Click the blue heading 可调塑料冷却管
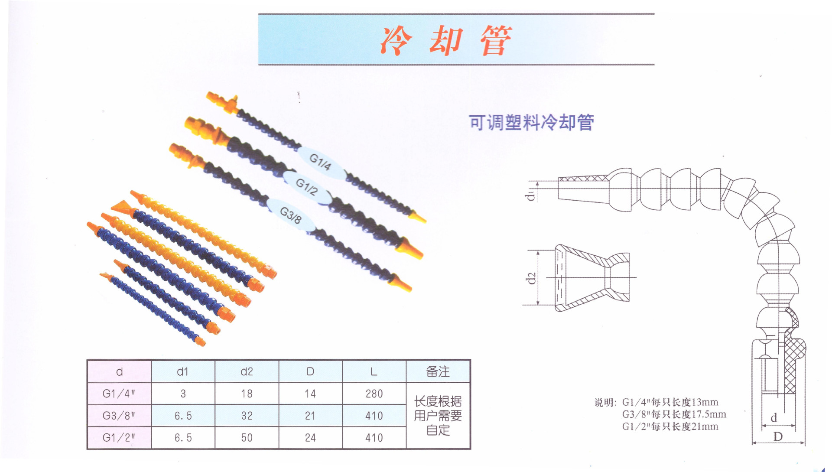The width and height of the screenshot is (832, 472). tap(531, 122)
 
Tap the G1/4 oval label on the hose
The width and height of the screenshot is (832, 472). tap(320, 162)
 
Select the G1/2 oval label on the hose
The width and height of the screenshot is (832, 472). tap(307, 187)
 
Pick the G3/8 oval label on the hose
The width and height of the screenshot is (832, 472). tap(290, 215)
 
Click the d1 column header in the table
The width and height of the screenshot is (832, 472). tap(183, 371)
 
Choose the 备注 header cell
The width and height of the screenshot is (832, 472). tap(438, 371)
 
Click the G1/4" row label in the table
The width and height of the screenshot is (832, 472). tap(119, 394)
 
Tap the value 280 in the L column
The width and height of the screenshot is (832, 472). tap(374, 394)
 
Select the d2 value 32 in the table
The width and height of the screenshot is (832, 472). tap(247, 416)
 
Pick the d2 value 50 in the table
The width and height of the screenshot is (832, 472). tap(247, 438)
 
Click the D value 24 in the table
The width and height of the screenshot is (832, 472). tap(310, 438)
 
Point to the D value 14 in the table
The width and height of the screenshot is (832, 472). tap(310, 394)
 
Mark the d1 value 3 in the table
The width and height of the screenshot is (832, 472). tap(183, 394)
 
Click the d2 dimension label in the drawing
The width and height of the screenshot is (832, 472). tap(531, 278)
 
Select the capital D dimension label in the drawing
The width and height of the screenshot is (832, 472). tap(778, 436)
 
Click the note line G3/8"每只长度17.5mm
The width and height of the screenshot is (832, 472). tap(674, 414)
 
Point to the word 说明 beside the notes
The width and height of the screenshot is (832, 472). tap(605, 403)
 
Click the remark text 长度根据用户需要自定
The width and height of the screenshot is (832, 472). tap(438, 416)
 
